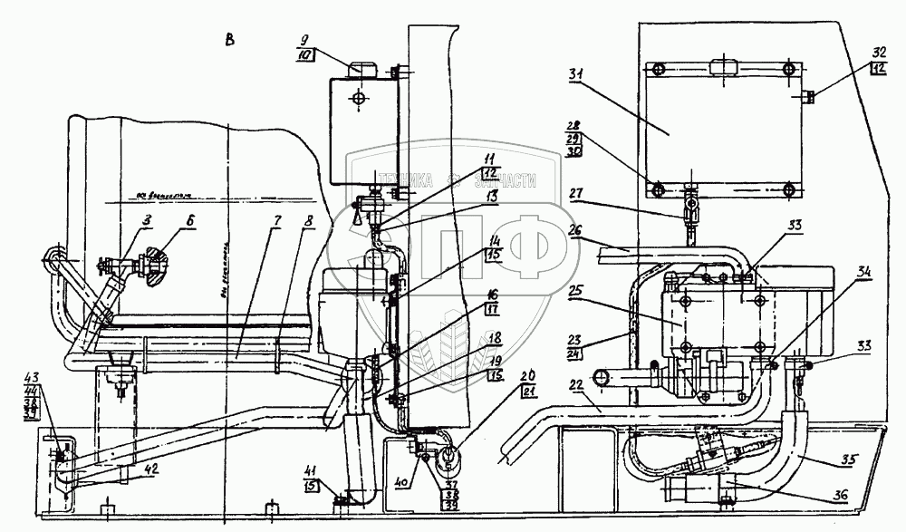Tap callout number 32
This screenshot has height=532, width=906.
coord(880,52)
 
